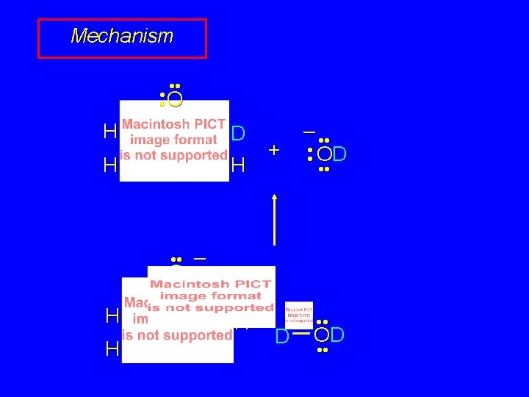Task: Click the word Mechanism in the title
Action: [122, 36]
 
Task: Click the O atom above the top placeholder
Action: [174, 99]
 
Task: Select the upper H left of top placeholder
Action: [110, 132]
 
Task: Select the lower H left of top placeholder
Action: [110, 165]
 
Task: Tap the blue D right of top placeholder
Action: [237, 134]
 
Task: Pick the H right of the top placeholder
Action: [237, 166]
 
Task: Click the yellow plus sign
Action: [274, 150]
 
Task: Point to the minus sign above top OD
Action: [309, 133]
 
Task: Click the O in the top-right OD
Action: [324, 154]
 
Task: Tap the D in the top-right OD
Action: [339, 154]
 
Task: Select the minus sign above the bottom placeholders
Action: [199, 259]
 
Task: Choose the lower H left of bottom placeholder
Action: [112, 348]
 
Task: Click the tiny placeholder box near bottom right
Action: [298, 315]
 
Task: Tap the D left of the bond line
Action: [281, 337]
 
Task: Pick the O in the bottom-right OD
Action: [323, 335]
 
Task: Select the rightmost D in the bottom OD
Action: [337, 335]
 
